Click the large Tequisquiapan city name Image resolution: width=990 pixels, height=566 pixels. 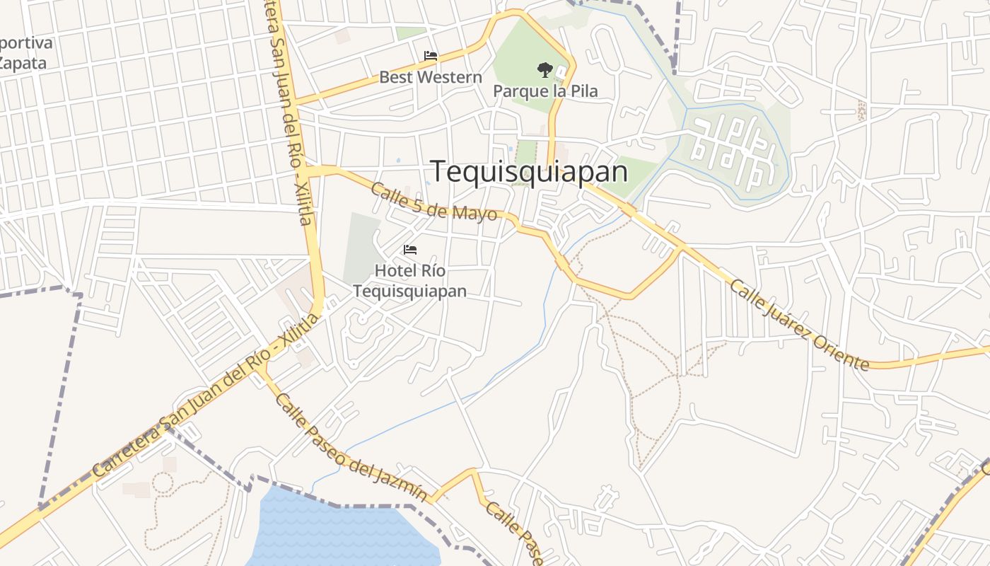tap(529, 172)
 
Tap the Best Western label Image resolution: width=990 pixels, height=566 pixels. tap(431, 77)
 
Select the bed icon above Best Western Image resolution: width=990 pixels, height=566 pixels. tap(431, 56)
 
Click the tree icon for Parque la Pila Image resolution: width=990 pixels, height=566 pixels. tap(544, 69)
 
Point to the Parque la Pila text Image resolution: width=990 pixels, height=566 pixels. tap(545, 91)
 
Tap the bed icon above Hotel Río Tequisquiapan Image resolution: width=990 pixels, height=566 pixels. tap(410, 250)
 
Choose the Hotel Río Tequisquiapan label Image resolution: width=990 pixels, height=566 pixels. tap(410, 281)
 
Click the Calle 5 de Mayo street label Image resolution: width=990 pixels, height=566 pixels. tap(433, 202)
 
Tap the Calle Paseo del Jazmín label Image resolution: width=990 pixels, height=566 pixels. tap(351, 449)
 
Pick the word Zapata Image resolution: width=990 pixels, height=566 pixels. tap(23, 63)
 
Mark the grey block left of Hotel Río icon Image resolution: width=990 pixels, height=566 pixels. tap(361, 248)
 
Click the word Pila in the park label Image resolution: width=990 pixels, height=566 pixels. tap(583, 91)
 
